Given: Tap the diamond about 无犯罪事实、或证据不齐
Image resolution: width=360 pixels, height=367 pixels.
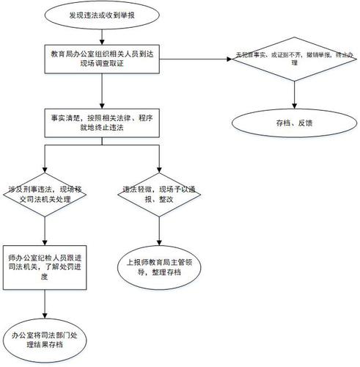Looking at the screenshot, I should (293, 59).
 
